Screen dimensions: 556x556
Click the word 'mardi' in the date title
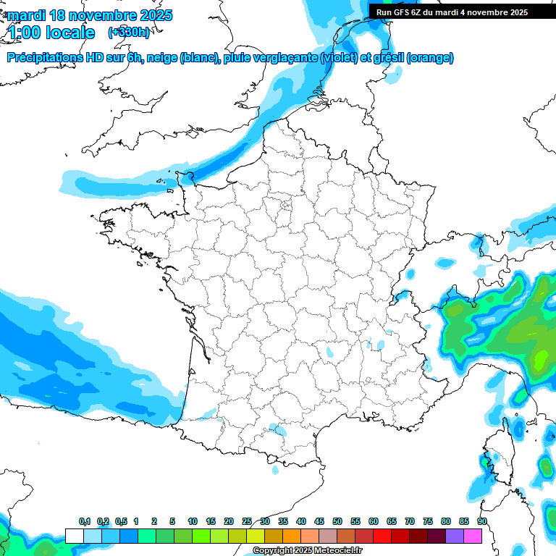click(26, 15)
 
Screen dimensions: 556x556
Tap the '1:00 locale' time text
click(51, 33)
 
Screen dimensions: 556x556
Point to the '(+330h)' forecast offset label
click(129, 33)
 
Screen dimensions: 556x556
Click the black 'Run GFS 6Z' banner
click(452, 12)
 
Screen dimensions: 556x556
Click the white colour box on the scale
click(74, 536)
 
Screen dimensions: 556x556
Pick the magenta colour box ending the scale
click(473, 536)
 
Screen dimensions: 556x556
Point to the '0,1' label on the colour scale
click(85, 522)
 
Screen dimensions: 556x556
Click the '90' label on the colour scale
click(482, 522)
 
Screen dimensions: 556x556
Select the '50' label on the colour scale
click(337, 522)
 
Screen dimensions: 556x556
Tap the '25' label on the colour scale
click(247, 522)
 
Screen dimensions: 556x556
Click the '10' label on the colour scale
click(193, 522)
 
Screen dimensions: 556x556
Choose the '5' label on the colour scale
click(172, 522)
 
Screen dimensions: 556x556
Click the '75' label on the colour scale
click(428, 522)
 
